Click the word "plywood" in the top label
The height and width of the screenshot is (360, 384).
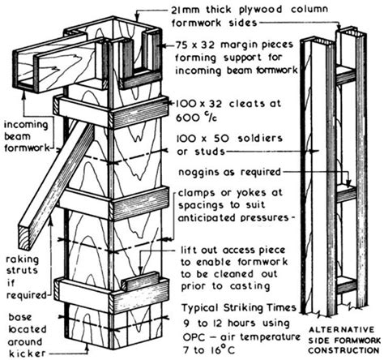tap(260, 10)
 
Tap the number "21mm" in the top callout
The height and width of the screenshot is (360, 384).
tap(186, 9)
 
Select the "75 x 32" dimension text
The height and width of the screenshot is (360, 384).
tap(195, 45)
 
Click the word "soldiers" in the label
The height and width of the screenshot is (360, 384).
tap(260, 139)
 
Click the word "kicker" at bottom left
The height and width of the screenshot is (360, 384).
tap(27, 353)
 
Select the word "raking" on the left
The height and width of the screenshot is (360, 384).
tap(23, 260)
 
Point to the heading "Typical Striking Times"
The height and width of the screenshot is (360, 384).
tap(239, 308)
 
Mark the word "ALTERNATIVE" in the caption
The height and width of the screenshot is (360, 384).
tap(342, 330)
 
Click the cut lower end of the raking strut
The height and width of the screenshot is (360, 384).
tap(25, 238)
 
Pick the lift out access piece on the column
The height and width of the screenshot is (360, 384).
tap(139, 281)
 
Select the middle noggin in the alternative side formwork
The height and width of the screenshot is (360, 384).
tap(346, 194)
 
